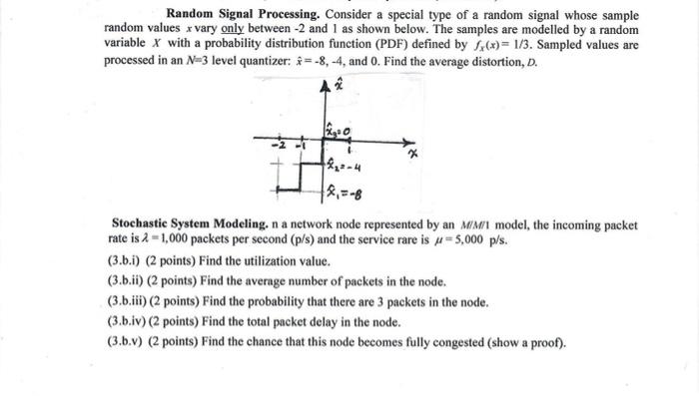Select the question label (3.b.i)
tap(127, 261)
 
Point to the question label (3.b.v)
tap(128, 342)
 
